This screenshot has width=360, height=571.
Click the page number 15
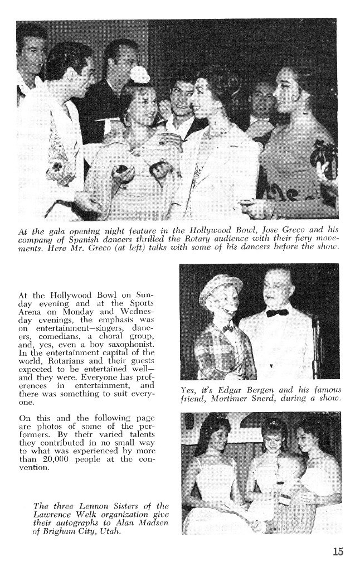click(x=338, y=552)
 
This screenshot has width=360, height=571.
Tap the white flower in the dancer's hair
click(x=139, y=74)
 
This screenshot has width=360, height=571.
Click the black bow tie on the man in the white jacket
click(x=277, y=312)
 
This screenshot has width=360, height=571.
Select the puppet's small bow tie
click(x=227, y=329)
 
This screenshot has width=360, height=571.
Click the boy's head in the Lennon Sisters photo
click(x=289, y=466)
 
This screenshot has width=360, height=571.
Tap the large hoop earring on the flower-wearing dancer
click(x=128, y=119)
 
